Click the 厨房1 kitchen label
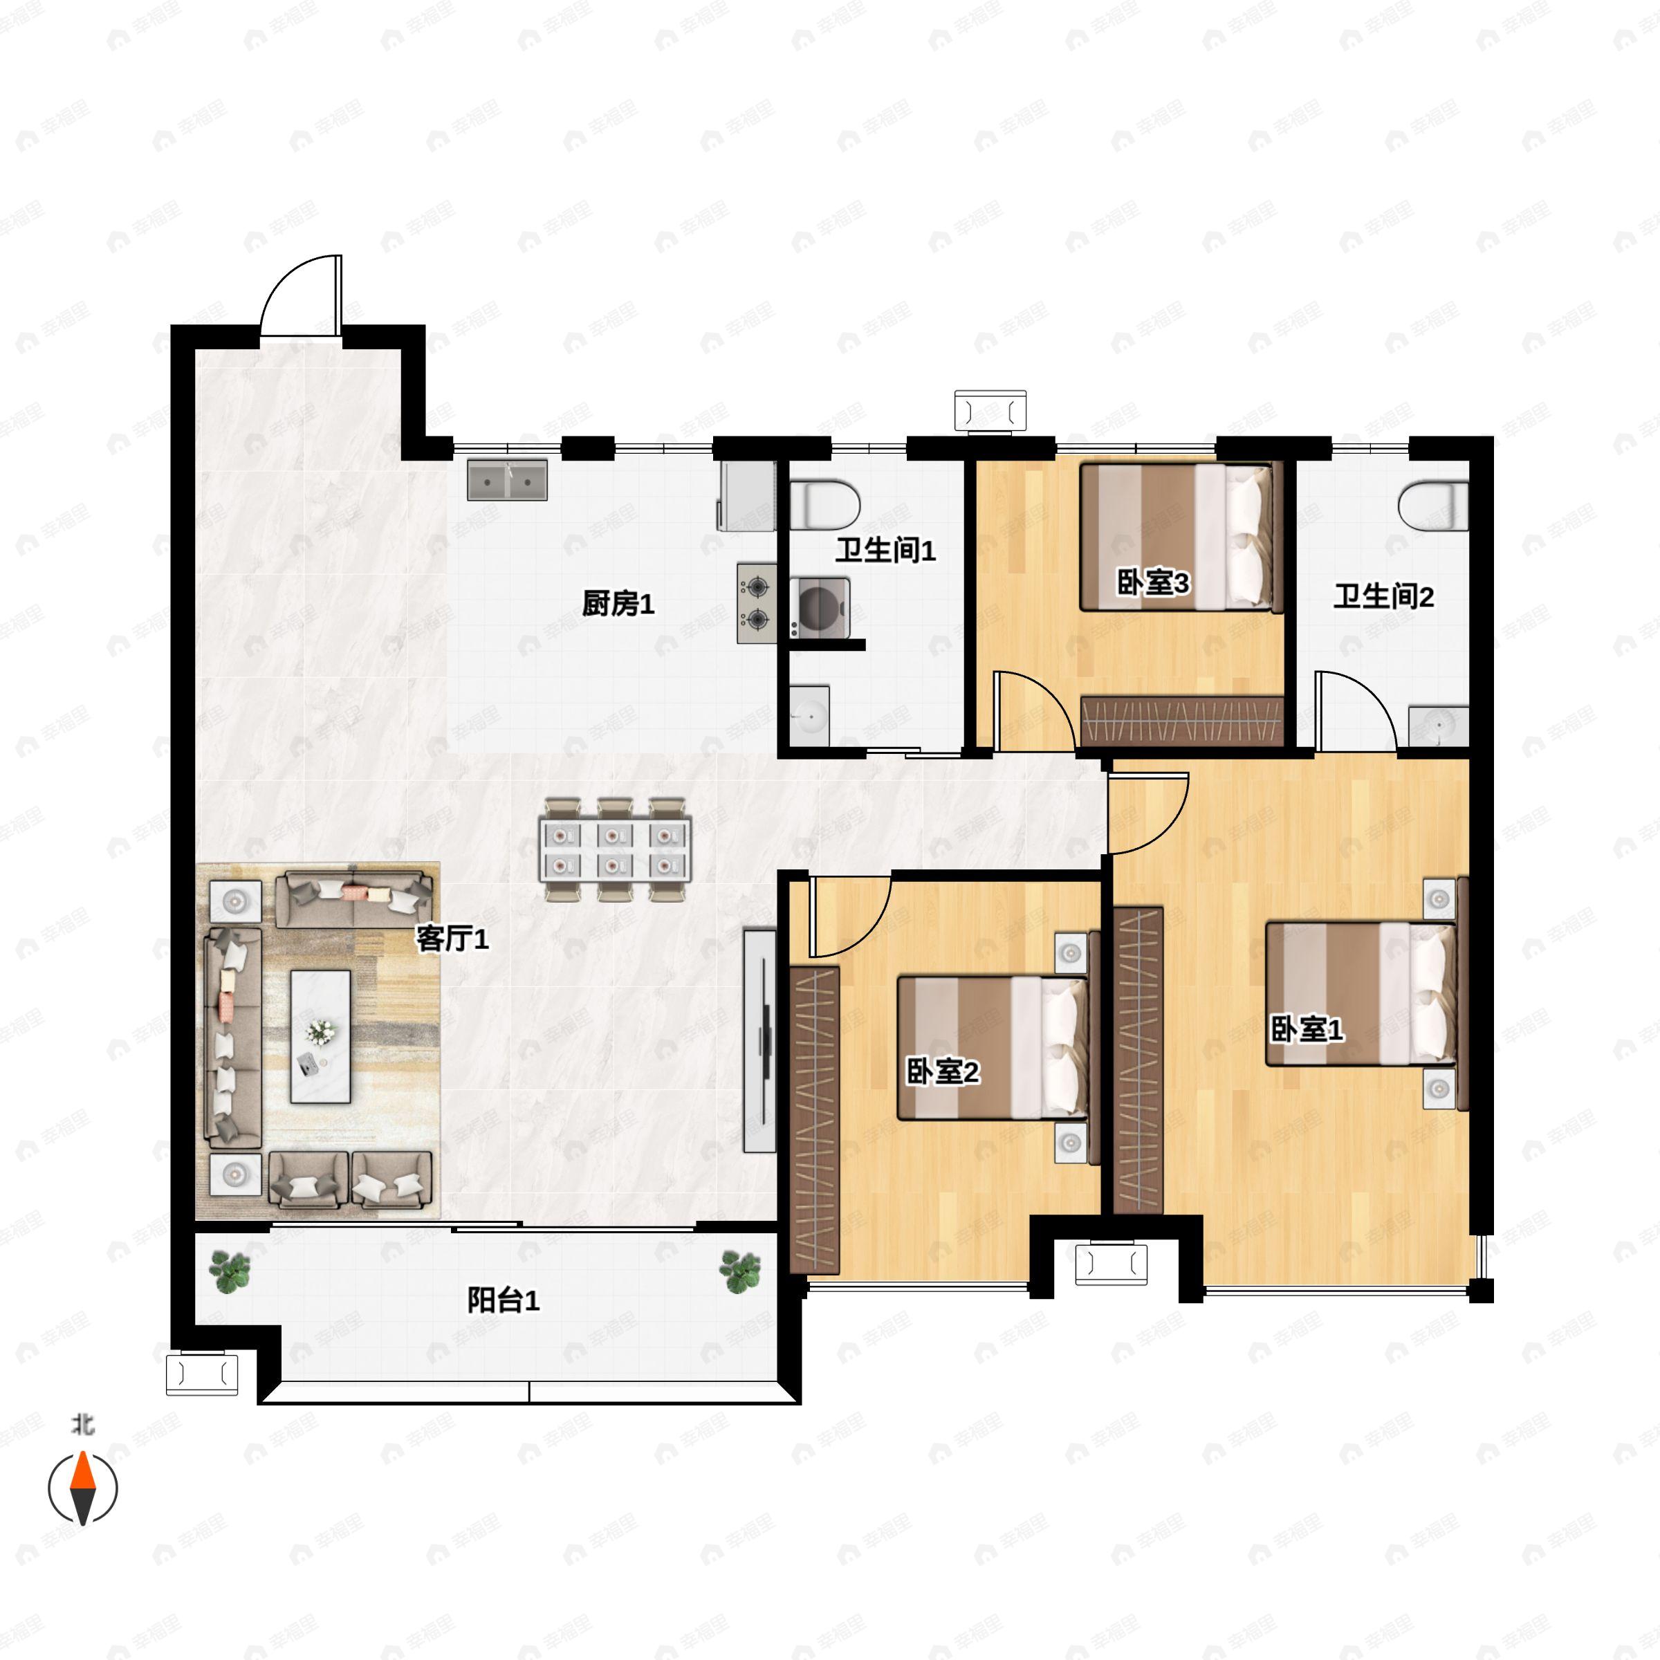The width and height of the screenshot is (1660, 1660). (618, 604)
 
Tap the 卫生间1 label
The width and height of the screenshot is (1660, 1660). (885, 551)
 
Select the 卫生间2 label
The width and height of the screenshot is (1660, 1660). (1383, 596)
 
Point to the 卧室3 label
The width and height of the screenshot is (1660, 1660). (1152, 582)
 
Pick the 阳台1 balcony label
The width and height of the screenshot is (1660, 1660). (503, 1300)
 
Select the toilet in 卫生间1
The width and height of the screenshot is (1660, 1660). (825, 505)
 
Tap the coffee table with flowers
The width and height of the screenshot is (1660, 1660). (320, 1036)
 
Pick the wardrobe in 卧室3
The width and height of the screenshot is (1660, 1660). (1181, 720)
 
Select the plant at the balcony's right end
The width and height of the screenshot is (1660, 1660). (741, 1272)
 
